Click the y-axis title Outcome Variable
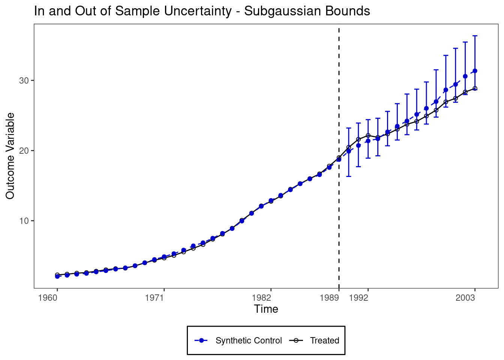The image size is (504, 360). click(10, 156)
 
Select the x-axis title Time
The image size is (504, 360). click(266, 309)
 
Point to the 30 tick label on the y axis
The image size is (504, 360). click(24, 81)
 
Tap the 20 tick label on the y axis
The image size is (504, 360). click(24, 151)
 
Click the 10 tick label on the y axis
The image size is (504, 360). click(24, 221)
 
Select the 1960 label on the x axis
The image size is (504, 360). click(48, 298)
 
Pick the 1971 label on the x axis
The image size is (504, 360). click(154, 298)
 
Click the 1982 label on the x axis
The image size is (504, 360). click(261, 298)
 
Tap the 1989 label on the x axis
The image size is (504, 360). click(329, 298)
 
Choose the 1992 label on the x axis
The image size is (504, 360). click(358, 298)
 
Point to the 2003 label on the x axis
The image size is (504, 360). click(465, 298)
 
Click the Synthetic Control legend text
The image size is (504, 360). click(249, 340)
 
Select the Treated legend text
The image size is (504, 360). click(324, 340)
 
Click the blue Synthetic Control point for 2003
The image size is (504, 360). click(475, 70)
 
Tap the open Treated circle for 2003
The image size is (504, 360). click(475, 88)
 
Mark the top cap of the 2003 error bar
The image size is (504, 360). click(475, 36)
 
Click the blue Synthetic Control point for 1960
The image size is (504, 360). click(57, 276)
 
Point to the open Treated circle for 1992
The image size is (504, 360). click(368, 135)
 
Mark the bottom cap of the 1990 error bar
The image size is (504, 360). click(348, 176)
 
